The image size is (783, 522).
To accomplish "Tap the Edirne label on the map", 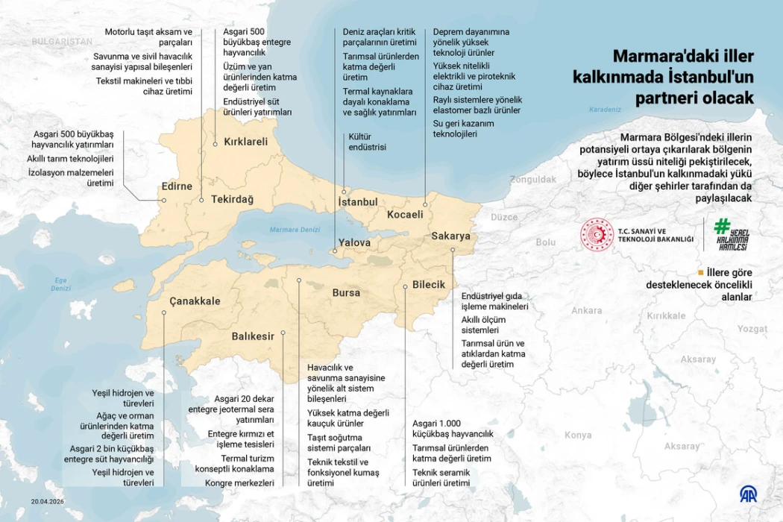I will [177, 186].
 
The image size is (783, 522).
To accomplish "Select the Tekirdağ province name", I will [232, 200].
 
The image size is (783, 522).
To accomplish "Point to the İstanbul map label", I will [358, 202].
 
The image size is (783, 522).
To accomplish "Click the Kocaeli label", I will [405, 215].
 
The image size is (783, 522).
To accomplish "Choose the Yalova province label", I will [354, 243].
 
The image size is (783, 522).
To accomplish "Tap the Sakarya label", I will [451, 236].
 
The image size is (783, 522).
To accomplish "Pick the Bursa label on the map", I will [346, 293].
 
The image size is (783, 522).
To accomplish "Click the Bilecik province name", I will [429, 285].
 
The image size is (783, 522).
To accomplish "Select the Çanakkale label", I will [195, 301].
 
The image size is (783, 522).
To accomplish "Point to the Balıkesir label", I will [253, 336].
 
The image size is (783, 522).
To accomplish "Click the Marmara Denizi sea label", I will [295, 230].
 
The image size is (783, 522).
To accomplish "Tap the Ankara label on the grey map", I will [586, 311].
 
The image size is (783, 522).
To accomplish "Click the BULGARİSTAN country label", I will [63, 42].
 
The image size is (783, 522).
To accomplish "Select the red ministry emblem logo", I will [597, 234].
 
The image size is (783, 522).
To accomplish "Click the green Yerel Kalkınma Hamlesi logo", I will [732, 234].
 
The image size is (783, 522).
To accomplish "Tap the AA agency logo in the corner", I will [748, 494].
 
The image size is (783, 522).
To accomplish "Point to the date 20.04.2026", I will [48, 501].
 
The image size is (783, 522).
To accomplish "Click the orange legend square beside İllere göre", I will [700, 272].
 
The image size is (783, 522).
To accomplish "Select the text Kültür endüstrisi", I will [368, 142].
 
